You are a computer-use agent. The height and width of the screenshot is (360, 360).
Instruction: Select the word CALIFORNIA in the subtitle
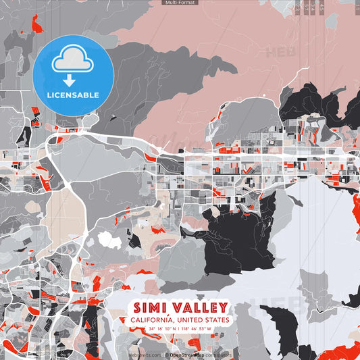(x=154, y=319)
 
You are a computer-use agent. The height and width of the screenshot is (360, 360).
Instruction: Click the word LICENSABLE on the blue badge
(x=73, y=95)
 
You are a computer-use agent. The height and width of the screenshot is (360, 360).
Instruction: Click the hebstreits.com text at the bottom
(x=144, y=355)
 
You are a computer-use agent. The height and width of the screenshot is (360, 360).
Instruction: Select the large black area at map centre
(x=236, y=236)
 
